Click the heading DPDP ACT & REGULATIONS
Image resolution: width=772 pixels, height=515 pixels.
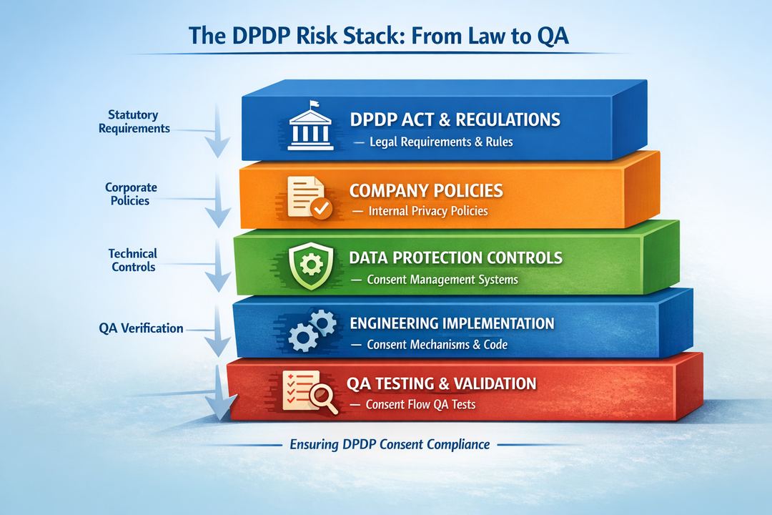455,119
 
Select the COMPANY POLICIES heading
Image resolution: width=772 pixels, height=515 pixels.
426,191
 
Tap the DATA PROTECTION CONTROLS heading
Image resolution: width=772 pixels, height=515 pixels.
456,257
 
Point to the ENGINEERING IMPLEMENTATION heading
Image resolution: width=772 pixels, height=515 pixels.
452,323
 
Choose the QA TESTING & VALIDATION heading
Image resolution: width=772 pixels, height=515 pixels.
441,383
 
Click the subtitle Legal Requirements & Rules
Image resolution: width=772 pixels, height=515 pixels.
441,142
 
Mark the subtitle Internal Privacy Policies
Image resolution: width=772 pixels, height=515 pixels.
427,211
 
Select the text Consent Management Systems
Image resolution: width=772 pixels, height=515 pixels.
442,279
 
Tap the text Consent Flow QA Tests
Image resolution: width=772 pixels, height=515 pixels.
420,404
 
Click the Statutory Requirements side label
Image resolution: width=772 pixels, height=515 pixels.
134,122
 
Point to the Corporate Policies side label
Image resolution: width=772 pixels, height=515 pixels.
130,194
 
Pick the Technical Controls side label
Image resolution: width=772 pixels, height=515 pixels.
133,260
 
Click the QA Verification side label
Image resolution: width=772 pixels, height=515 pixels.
141,328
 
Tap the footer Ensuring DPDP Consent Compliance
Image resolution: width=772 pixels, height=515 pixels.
390,444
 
